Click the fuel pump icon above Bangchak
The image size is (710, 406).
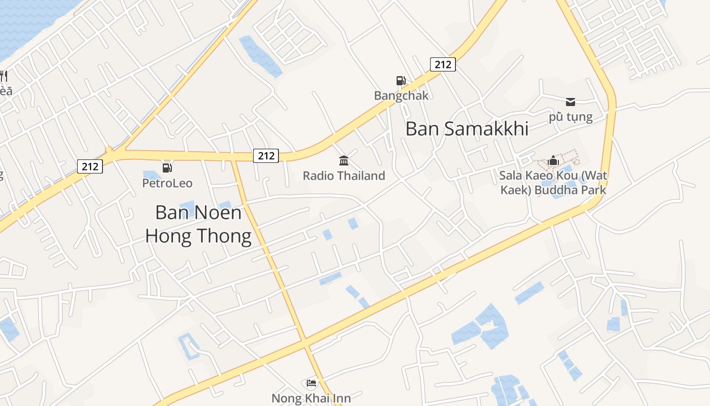click(x=401, y=81)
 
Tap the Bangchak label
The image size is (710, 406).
click(x=401, y=95)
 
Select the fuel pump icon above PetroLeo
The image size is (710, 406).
click(x=167, y=168)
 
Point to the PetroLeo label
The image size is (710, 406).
click(x=167, y=183)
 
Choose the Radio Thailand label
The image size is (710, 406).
click(x=344, y=176)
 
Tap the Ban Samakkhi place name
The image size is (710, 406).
click(x=467, y=129)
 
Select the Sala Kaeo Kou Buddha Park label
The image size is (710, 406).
click(x=553, y=183)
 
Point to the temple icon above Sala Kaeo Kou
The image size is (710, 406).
click(x=553, y=161)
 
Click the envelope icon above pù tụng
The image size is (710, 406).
click(x=571, y=102)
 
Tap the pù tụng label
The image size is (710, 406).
click(x=571, y=117)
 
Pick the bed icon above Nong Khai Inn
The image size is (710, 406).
click(x=311, y=383)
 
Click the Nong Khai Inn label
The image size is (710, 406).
click(x=311, y=398)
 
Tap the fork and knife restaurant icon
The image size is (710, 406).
click(x=4, y=76)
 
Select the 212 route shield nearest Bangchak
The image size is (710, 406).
click(x=443, y=64)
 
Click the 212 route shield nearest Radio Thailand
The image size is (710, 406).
click(x=266, y=156)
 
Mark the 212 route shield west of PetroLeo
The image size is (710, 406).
click(x=90, y=166)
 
